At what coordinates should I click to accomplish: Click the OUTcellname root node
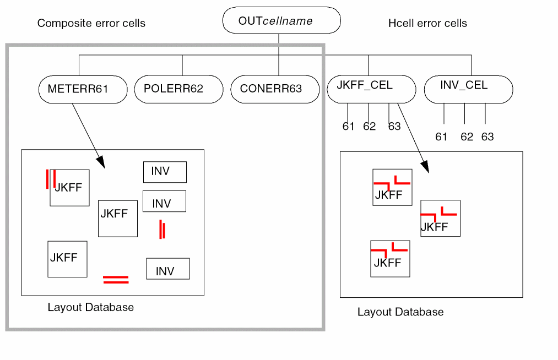tap(281, 21)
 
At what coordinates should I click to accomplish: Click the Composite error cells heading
tap(91, 23)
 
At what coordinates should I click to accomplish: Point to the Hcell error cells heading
tap(427, 23)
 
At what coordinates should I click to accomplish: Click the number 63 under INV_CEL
tap(487, 137)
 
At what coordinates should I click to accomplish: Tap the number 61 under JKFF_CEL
tap(348, 127)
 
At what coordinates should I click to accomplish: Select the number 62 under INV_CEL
tap(467, 137)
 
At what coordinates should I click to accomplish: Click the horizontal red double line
tap(116, 280)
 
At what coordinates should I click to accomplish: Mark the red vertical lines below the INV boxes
tap(162, 229)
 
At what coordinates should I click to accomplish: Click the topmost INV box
tap(165, 172)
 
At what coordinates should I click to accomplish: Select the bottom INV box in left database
tap(167, 269)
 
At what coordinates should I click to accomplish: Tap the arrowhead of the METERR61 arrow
tap(101, 163)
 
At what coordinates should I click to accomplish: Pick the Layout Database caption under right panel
tap(400, 312)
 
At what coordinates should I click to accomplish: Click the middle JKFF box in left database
tap(117, 218)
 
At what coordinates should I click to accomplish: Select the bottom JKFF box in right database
tap(390, 258)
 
